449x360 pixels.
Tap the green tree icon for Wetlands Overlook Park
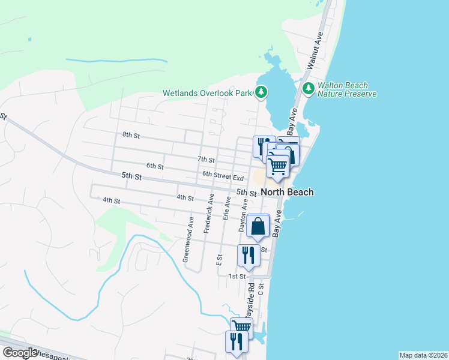point(261,92)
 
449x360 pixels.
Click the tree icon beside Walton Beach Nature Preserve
point(309,89)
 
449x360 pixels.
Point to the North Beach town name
point(287,193)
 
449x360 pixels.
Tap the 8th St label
point(130,136)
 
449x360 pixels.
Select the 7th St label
point(206,160)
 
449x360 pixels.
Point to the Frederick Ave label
point(209,213)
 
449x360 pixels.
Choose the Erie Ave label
point(227,206)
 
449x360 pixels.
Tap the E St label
point(219,260)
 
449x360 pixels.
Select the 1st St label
point(237,276)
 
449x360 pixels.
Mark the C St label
point(262,289)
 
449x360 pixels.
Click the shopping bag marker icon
point(258,227)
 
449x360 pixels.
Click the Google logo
point(20,353)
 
